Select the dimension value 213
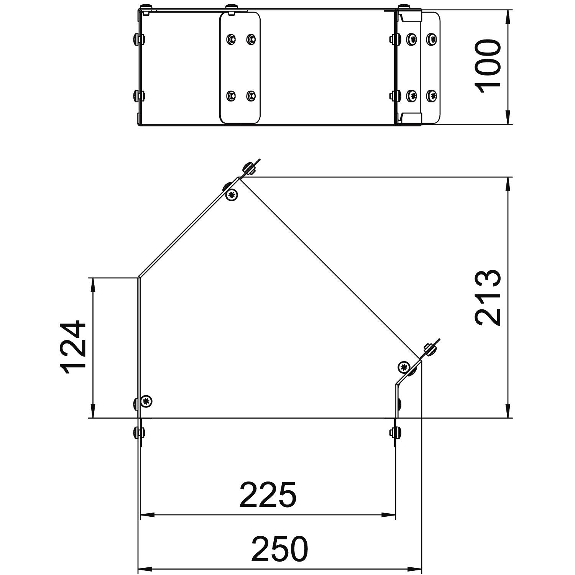click(488, 297)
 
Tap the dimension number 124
click(73, 347)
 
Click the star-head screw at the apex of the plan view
click(232, 195)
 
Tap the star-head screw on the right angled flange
click(404, 367)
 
